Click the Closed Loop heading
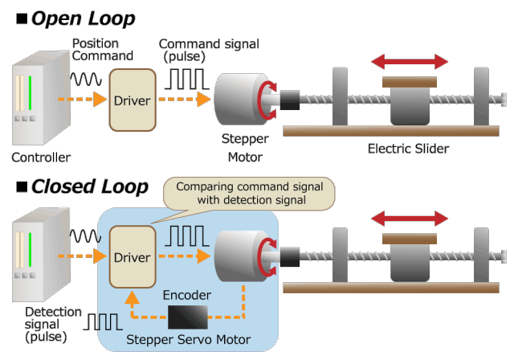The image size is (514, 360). pos(89,187)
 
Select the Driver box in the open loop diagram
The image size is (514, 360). pos(131,100)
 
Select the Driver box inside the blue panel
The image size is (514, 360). pos(132,257)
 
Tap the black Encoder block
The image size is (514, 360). pos(187,317)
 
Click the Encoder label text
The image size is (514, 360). pos(187,295)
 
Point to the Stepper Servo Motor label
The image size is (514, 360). pos(189,340)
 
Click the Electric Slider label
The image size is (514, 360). pos(408,149)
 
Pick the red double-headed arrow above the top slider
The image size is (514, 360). pos(409,62)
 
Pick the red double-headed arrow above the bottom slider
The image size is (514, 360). pos(409,219)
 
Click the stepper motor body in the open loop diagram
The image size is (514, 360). pos(239,100)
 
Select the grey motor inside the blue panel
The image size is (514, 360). pos(239,256)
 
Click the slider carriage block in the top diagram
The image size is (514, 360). pos(410,102)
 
